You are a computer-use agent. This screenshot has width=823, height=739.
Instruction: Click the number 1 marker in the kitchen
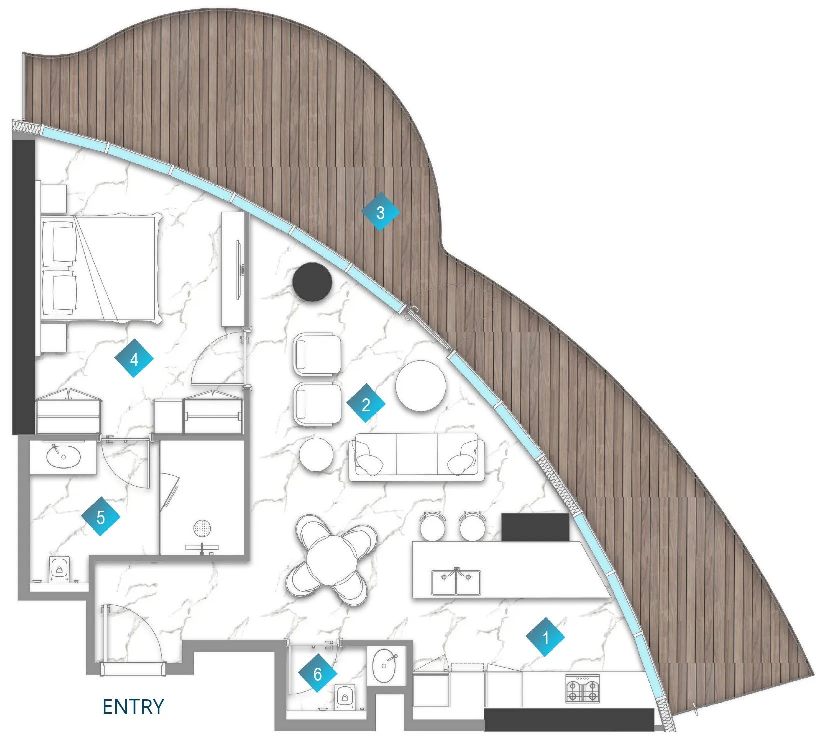point(545,637)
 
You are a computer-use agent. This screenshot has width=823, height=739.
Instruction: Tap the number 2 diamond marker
point(366,404)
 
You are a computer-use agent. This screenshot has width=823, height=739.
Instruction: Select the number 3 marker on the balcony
point(380,212)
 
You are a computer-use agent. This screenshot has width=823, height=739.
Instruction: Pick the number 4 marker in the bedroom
point(134,358)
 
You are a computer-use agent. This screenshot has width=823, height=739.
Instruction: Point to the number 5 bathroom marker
point(101,517)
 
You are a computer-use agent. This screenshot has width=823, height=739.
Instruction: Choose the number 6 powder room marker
point(317,674)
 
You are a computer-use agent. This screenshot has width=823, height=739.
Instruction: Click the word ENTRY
point(133,707)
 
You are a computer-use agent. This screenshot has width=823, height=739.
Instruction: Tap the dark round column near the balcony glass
point(312,282)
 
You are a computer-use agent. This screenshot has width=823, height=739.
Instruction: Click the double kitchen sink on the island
point(456,582)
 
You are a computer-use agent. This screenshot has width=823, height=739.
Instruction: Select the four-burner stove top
point(582,689)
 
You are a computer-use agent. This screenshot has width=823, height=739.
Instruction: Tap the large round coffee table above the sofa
point(420,386)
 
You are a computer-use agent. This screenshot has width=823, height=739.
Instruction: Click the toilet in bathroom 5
point(59,570)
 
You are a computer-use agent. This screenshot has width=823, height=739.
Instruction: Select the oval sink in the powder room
point(385,665)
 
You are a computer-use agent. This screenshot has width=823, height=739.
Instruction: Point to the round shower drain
point(202,527)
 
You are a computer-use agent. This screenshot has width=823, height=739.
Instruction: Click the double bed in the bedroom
point(100,269)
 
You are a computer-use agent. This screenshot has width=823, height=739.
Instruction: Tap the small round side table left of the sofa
point(316,454)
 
